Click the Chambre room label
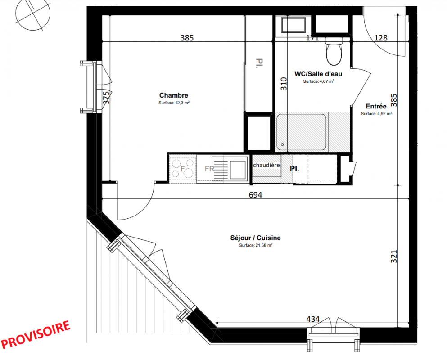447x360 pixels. tap(174, 95)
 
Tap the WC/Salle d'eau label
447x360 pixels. tap(318, 74)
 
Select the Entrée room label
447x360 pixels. tap(376, 106)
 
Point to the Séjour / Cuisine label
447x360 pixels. tap(255, 238)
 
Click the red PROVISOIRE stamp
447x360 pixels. tap(36, 335)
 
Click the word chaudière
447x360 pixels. tap(266, 165)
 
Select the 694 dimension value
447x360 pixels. tap(255, 195)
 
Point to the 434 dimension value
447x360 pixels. tap(313, 319)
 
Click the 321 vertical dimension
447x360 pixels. tap(394, 256)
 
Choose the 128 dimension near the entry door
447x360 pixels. tap(380, 38)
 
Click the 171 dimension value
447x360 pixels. tap(312, 38)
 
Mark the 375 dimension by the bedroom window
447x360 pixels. tap(106, 98)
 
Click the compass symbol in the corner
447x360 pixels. tap(33, 13)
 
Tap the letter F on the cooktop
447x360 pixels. tap(182, 169)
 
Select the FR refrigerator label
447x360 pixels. tap(209, 169)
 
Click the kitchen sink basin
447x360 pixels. tap(238, 169)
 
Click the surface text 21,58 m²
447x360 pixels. tap(256, 245)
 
